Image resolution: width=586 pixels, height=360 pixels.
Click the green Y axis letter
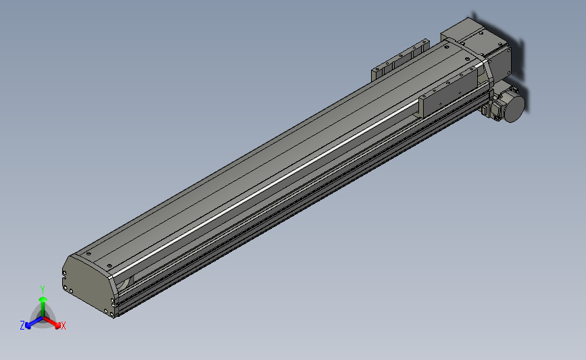click(x=43, y=289)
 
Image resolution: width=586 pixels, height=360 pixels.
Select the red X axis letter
click(x=64, y=326)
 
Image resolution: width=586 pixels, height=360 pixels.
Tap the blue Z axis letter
click(x=22, y=326)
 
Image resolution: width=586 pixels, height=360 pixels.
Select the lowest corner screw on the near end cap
click(x=112, y=311)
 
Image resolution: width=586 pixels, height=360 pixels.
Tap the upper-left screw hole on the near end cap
click(x=66, y=273)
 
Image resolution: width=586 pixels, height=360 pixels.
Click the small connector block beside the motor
click(x=487, y=109)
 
